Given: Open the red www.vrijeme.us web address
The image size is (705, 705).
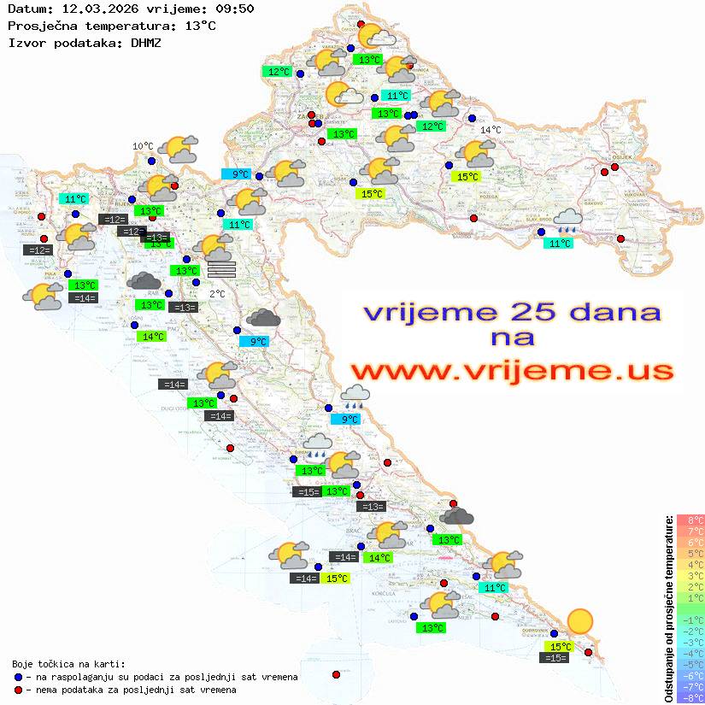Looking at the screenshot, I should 511,371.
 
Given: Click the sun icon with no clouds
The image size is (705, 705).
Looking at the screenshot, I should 580,621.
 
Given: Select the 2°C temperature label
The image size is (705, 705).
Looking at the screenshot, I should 217,294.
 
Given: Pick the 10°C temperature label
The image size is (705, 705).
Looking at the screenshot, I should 143,146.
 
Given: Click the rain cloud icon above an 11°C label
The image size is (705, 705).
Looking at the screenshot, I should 567,221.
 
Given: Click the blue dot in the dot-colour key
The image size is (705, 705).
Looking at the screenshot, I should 18,677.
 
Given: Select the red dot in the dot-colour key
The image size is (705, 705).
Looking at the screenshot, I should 18,690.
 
